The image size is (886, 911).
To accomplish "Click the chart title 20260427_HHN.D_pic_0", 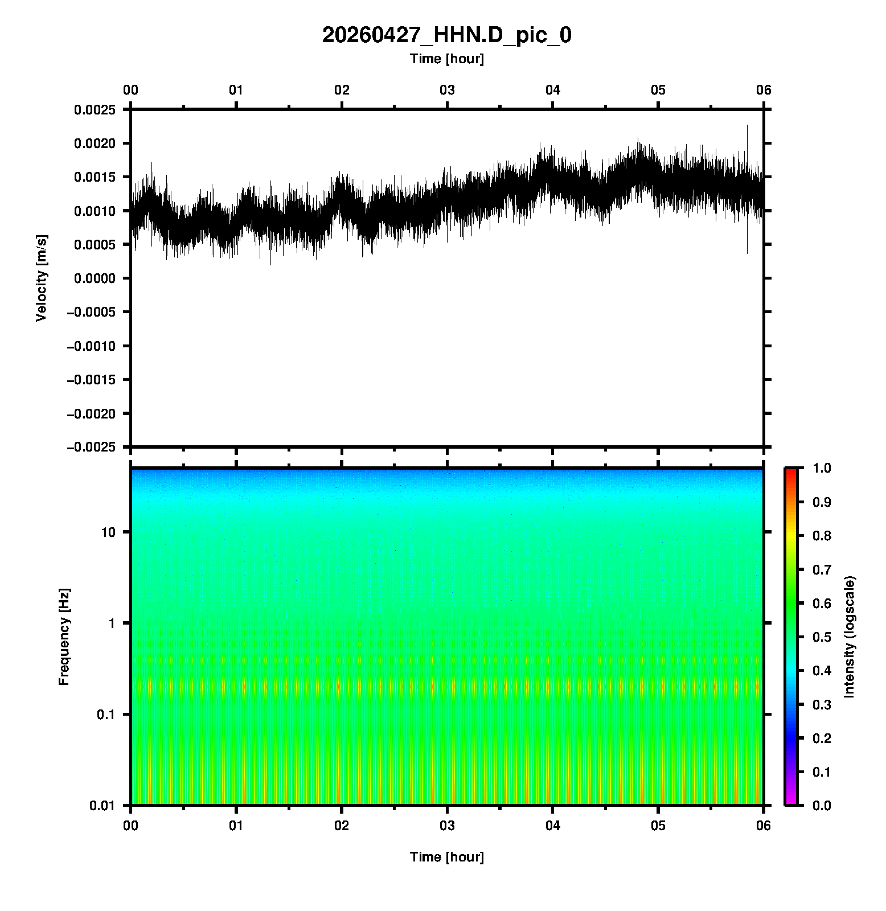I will (446, 35).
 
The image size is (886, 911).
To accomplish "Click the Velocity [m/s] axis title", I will (41, 278).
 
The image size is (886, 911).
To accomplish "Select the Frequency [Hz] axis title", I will (64, 637).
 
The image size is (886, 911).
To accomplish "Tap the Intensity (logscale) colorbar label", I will (850, 637).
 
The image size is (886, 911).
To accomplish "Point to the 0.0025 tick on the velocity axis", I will (95, 110).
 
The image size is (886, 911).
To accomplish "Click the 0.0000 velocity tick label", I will (95, 278).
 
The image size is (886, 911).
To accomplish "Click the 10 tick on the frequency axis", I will (108, 532).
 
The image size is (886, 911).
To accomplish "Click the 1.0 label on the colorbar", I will (822, 468).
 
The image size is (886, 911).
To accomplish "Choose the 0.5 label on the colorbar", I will (822, 637).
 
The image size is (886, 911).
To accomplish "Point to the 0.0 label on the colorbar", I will (822, 805).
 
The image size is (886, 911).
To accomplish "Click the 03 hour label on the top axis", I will (447, 90).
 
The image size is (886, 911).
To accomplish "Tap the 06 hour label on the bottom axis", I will (763, 826).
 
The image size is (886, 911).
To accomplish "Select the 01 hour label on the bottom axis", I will (236, 826).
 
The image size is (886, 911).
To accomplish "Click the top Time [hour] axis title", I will (446, 59).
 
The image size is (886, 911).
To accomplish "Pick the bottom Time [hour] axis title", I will (446, 857).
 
